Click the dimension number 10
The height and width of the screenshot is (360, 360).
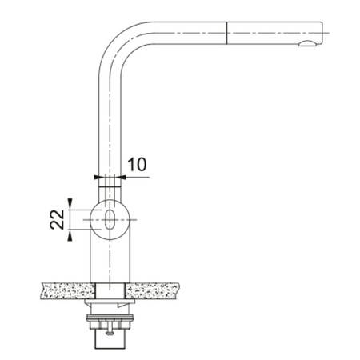137,164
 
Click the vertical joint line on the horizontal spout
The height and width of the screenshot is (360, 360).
229,33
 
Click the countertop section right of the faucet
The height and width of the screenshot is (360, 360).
157,289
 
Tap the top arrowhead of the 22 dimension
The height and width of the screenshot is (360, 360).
70,203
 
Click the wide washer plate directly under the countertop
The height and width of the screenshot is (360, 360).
110,303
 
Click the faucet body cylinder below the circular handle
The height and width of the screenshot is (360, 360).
110,260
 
